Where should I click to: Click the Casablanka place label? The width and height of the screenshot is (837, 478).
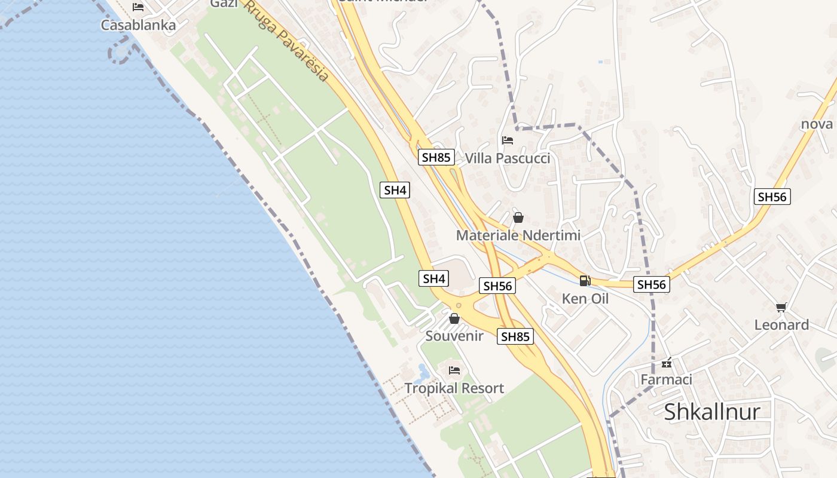tap(138, 25)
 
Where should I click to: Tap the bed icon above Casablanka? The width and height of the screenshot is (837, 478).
tap(138, 7)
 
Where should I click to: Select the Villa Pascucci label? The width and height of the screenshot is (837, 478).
tap(508, 158)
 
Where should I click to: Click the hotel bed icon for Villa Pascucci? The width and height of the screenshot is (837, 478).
tap(508, 140)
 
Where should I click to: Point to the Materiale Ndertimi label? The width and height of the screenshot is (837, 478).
tap(518, 235)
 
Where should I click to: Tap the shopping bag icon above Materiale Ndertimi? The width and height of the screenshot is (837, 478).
tap(518, 217)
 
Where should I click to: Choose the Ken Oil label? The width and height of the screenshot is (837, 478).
tap(585, 298)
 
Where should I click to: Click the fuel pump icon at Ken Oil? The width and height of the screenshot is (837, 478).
tap(585, 280)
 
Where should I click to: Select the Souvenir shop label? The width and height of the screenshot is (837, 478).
tap(454, 336)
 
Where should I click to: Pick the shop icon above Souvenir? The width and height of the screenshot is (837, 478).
tap(454, 318)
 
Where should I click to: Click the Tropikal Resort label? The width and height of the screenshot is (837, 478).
tap(454, 388)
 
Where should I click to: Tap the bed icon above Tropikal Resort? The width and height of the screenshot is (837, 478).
tap(454, 370)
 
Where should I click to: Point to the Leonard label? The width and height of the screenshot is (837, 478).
tap(781, 325)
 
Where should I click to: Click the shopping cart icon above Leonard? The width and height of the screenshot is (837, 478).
tap(781, 307)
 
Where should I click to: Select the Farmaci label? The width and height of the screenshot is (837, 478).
tap(666, 379)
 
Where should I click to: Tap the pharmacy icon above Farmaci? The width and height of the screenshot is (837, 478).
tap(666, 363)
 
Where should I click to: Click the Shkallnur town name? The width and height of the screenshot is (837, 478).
tap(712, 412)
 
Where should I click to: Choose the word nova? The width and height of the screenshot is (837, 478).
tap(817, 124)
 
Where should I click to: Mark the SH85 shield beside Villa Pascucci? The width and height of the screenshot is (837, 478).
tap(436, 157)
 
